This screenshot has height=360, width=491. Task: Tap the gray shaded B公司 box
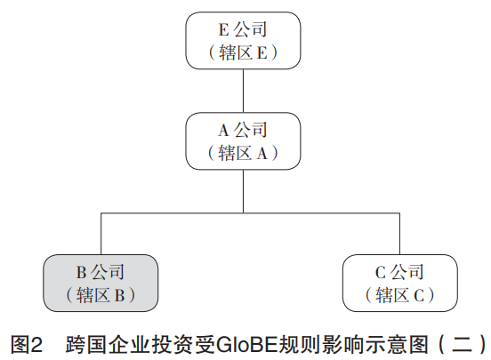[101, 283]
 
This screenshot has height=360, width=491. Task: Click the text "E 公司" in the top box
[243, 29]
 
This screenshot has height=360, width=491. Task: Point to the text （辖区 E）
[243, 52]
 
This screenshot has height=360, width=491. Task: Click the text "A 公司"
[243, 131]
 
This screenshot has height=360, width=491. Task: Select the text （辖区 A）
[243, 153]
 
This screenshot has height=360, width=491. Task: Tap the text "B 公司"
[101, 272]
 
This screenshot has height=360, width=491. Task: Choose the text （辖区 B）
[101, 295]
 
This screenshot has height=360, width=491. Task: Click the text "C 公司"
[399, 272]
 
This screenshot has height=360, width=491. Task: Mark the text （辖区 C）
[400, 295]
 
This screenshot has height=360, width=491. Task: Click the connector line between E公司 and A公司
[244, 91]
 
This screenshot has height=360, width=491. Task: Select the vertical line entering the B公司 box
[101, 234]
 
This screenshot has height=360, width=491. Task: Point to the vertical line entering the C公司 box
[399, 234]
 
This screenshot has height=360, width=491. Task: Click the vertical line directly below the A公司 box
[244, 191]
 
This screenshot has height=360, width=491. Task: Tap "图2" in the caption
[27, 344]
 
